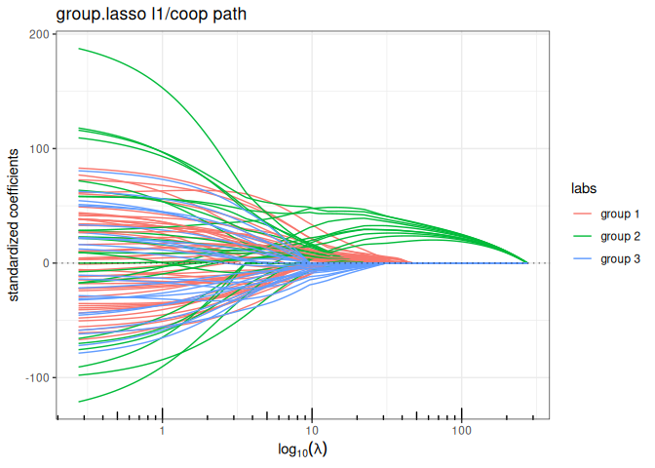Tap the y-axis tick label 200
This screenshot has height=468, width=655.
(38, 35)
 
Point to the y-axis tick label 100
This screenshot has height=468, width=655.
(38, 149)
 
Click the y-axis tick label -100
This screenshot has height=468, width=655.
(36, 377)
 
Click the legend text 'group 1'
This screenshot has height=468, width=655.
(619, 214)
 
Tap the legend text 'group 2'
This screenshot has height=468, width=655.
(619, 236)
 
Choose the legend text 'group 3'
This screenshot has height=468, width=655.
(619, 258)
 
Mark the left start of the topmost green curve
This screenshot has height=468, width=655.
(80, 49)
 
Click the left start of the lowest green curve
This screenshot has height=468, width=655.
(80, 402)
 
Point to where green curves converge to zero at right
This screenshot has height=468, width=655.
(527, 263)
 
